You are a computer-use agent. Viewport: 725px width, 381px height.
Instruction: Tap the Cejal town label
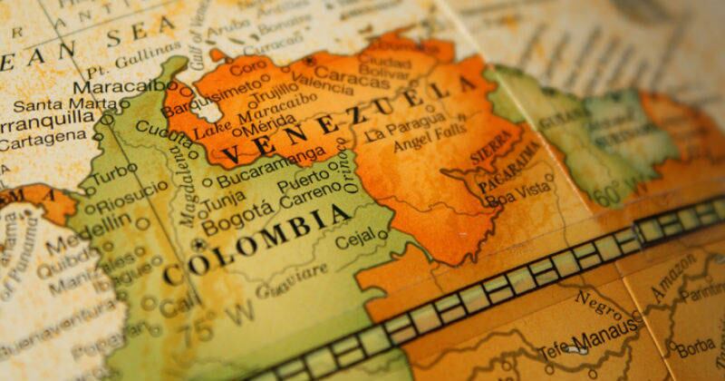pyautogui.click(x=354, y=242)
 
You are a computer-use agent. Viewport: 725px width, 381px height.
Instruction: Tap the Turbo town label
pyautogui.click(x=114, y=170)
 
